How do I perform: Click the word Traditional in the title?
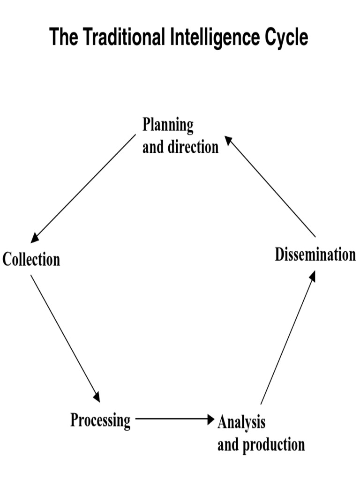click(x=124, y=37)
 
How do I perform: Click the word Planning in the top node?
click(x=168, y=126)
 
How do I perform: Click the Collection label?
click(x=31, y=259)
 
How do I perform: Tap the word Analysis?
click(x=241, y=422)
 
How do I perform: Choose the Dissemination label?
click(x=315, y=255)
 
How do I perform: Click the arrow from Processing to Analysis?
click(x=173, y=418)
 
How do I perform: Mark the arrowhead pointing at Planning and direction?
click(x=228, y=140)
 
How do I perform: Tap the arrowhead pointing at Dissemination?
click(x=312, y=276)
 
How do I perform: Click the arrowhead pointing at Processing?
click(x=97, y=397)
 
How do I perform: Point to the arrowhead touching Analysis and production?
click(x=210, y=418)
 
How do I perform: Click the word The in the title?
click(x=64, y=37)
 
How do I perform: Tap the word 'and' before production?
click(x=228, y=444)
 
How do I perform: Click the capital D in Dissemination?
click(x=279, y=255)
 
